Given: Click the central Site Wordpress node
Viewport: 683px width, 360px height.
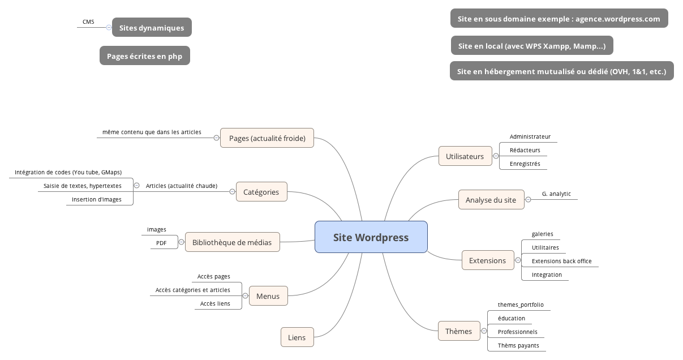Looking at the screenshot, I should tap(371, 237).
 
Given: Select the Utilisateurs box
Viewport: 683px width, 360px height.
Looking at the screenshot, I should tap(465, 156).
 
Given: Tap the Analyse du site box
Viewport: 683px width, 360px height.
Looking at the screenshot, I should tap(491, 200).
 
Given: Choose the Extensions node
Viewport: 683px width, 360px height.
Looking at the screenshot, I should tap(487, 260).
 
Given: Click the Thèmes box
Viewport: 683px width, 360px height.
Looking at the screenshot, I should tap(458, 331).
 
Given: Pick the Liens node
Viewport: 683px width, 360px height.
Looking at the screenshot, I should tap(297, 337).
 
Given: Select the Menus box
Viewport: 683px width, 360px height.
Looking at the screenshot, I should tap(268, 296).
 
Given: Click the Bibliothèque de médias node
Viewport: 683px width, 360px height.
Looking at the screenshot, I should tap(232, 242).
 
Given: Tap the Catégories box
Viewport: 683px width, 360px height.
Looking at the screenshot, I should tap(261, 192).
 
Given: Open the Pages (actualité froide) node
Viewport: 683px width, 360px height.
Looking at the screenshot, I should tap(267, 138).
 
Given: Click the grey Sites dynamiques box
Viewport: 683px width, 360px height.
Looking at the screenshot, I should tap(152, 28).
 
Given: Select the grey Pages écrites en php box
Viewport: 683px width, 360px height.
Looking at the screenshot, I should tap(144, 56).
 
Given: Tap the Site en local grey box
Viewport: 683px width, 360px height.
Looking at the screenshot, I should tap(531, 46).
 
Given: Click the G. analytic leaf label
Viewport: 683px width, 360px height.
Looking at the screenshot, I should tap(556, 194).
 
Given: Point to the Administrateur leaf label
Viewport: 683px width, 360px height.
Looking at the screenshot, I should tap(530, 136).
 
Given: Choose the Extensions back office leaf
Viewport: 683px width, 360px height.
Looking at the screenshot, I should tap(561, 261).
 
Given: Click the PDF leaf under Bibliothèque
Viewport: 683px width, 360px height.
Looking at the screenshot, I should tap(161, 243).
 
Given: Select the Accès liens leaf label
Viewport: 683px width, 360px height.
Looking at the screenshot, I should tap(215, 303).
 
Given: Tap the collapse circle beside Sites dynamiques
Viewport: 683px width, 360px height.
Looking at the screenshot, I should tap(109, 27).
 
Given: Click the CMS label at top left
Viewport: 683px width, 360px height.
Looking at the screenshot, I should tap(88, 22).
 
